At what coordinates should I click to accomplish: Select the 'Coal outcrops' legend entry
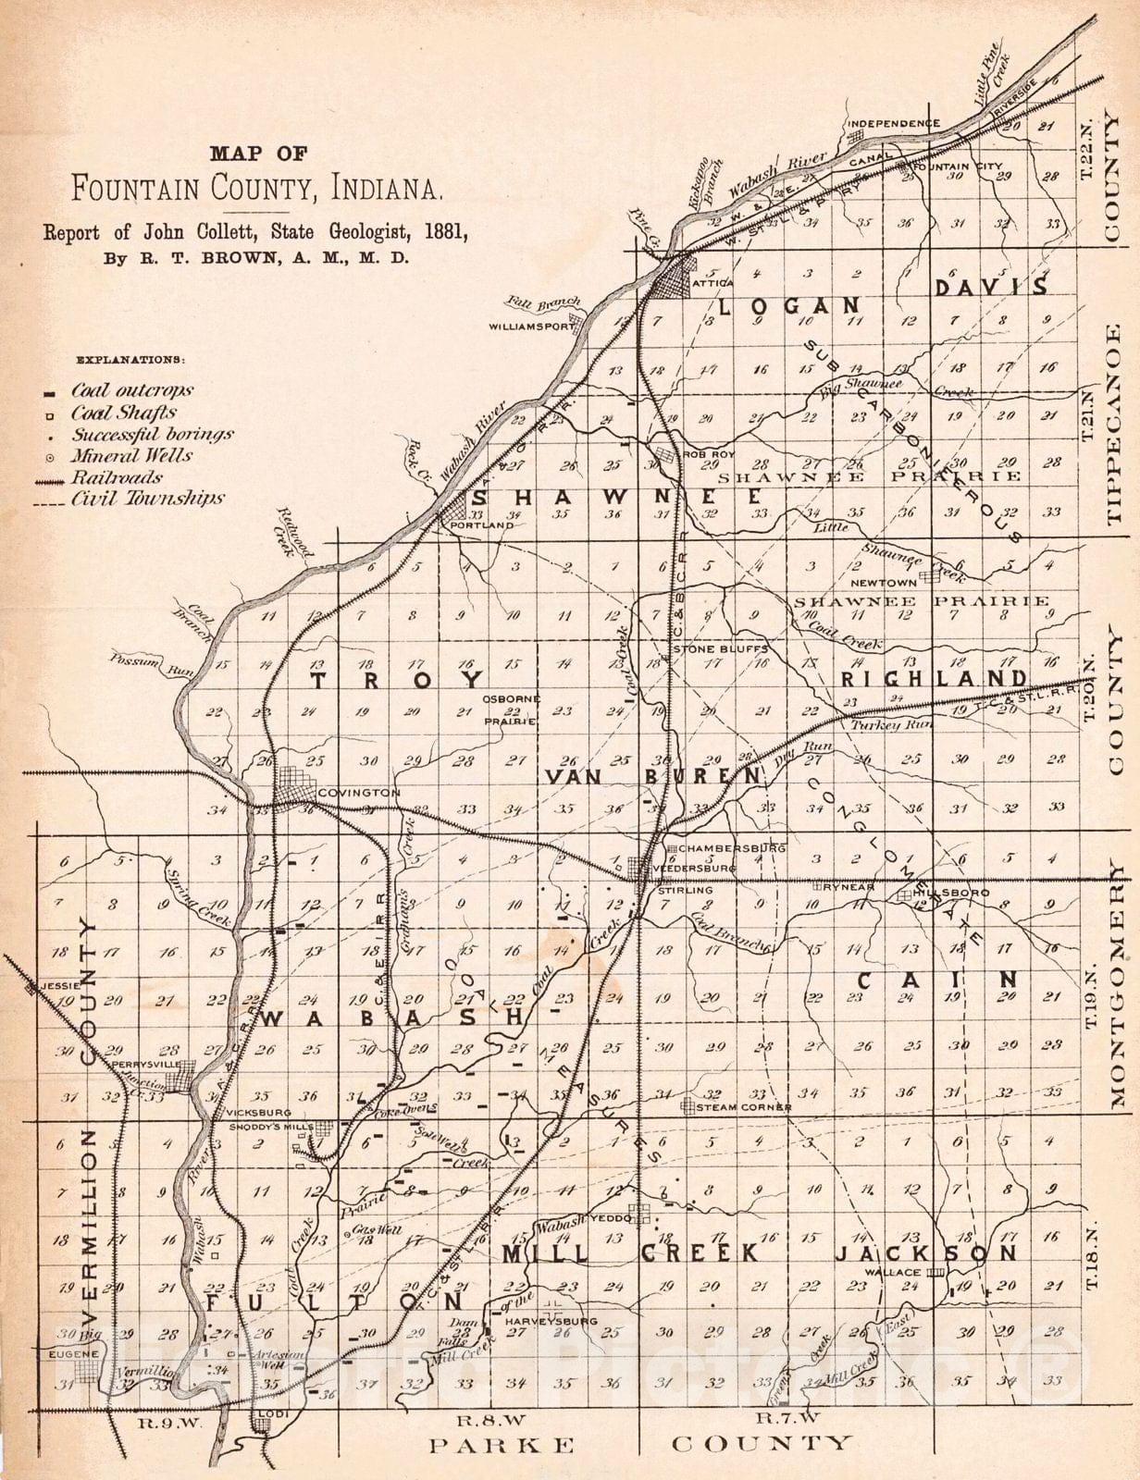[144, 391]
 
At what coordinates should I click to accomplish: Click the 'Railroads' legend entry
[118, 477]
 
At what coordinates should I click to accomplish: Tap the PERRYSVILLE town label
[143, 1065]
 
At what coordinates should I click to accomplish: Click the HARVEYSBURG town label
[551, 1322]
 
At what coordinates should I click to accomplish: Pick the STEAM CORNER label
[745, 1107]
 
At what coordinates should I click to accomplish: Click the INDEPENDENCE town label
[894, 123]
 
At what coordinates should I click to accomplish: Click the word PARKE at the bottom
[502, 1444]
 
